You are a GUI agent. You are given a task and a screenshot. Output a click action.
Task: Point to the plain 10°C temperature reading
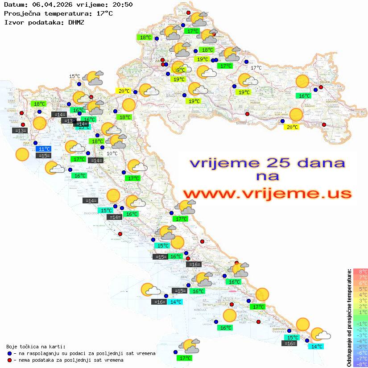pyautogui.click(x=112, y=153)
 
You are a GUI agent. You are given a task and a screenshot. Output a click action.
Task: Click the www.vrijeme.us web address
pyautogui.click(x=267, y=194)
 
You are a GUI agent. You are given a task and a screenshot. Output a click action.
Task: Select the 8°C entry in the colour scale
pyautogui.click(x=360, y=272)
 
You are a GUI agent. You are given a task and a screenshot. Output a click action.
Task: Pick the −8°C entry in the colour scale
pyautogui.click(x=360, y=364)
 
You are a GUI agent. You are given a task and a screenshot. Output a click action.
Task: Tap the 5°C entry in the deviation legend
pyautogui.click(x=360, y=289)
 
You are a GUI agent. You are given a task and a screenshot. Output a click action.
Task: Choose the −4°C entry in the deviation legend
pyautogui.click(x=360, y=341)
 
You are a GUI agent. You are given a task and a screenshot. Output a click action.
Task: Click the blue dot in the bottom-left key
pyautogui.click(x=9, y=353)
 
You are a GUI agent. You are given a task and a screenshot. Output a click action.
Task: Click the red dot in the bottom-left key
pyautogui.click(x=9, y=360)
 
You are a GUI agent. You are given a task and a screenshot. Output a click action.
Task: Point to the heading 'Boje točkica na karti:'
pyautogui.click(x=36, y=346)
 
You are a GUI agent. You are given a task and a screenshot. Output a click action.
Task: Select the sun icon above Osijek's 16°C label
pyautogui.click(x=302, y=82)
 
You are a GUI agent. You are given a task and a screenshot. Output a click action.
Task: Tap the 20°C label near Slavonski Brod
pyautogui.click(x=292, y=127)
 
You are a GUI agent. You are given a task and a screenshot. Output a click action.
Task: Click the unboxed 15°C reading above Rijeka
pyautogui.click(x=74, y=76)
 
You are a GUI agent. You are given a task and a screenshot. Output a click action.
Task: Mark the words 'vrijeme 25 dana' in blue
pyautogui.click(x=267, y=163)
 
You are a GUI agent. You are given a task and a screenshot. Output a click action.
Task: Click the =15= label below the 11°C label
pyautogui.click(x=44, y=156)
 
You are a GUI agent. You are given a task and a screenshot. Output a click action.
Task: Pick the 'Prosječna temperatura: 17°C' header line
pyautogui.click(x=58, y=13)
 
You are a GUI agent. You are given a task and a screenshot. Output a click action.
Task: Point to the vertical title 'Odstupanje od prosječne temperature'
pyautogui.click(x=349, y=317)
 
